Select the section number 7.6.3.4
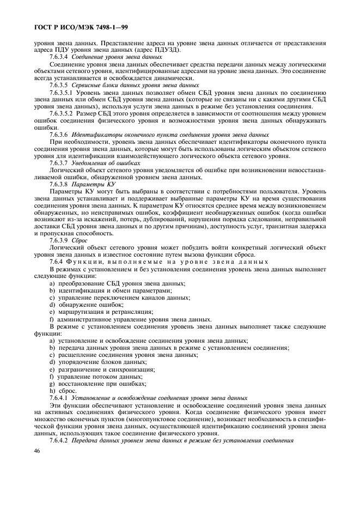coord(58,57)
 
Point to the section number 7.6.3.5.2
coord(62,114)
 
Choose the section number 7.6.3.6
coord(58,134)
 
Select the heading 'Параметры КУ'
coord(88,184)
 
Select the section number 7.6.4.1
coord(58,398)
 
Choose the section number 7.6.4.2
coord(58,440)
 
